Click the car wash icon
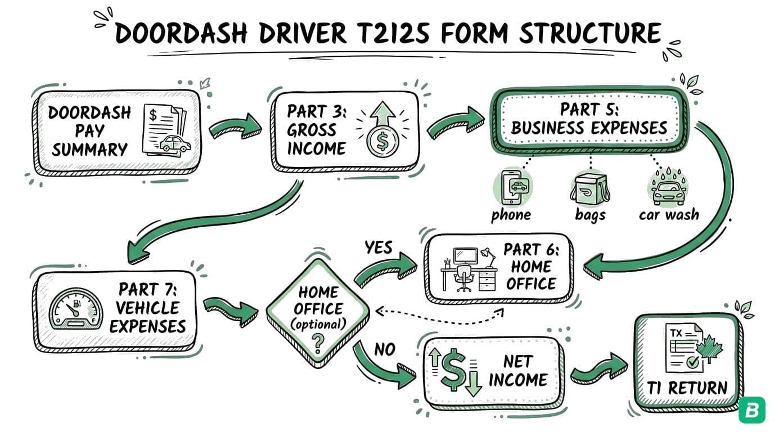tap(668, 188)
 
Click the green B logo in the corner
tap(752, 411)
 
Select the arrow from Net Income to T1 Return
tap(599, 370)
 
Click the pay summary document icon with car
tap(166, 130)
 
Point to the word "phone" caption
tap(510, 215)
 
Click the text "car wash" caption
tap(668, 215)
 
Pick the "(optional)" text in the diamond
tap(318, 323)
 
